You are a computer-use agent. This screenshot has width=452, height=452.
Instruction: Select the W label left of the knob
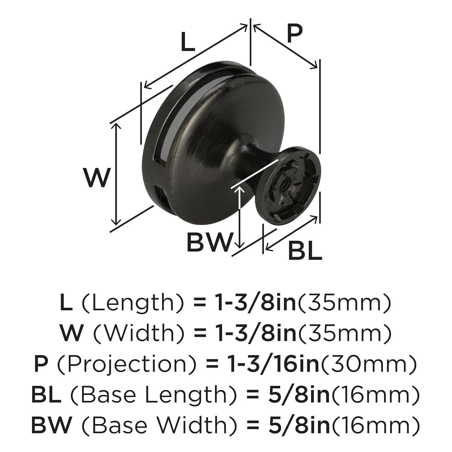tap(96, 178)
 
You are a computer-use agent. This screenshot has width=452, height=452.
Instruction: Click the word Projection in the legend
tap(121, 364)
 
